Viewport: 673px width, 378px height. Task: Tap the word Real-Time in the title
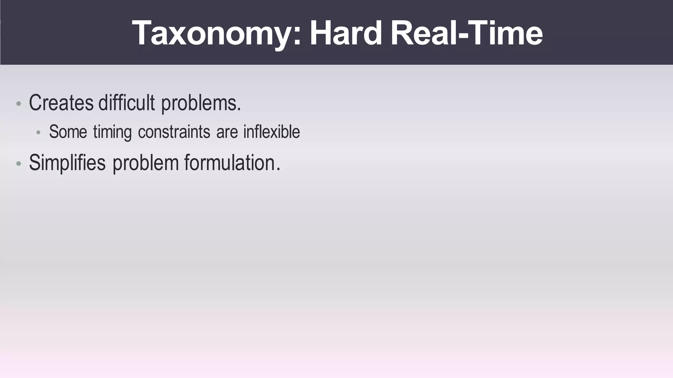[x=466, y=33]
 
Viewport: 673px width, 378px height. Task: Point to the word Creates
[x=61, y=103]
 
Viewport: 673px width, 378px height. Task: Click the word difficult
[x=127, y=103]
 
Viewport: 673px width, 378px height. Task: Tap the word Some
[x=68, y=132]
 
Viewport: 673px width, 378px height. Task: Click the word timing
[x=112, y=132]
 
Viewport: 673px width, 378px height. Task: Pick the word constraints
[x=174, y=132]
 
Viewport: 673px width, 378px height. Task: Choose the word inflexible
[x=271, y=132]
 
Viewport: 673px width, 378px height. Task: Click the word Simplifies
[x=67, y=163]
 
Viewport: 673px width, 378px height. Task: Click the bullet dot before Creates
[x=19, y=104]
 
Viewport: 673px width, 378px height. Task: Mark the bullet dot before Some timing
[x=38, y=133]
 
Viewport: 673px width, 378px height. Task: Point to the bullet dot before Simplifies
[x=19, y=164]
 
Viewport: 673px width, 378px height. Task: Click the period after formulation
[x=278, y=169]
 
